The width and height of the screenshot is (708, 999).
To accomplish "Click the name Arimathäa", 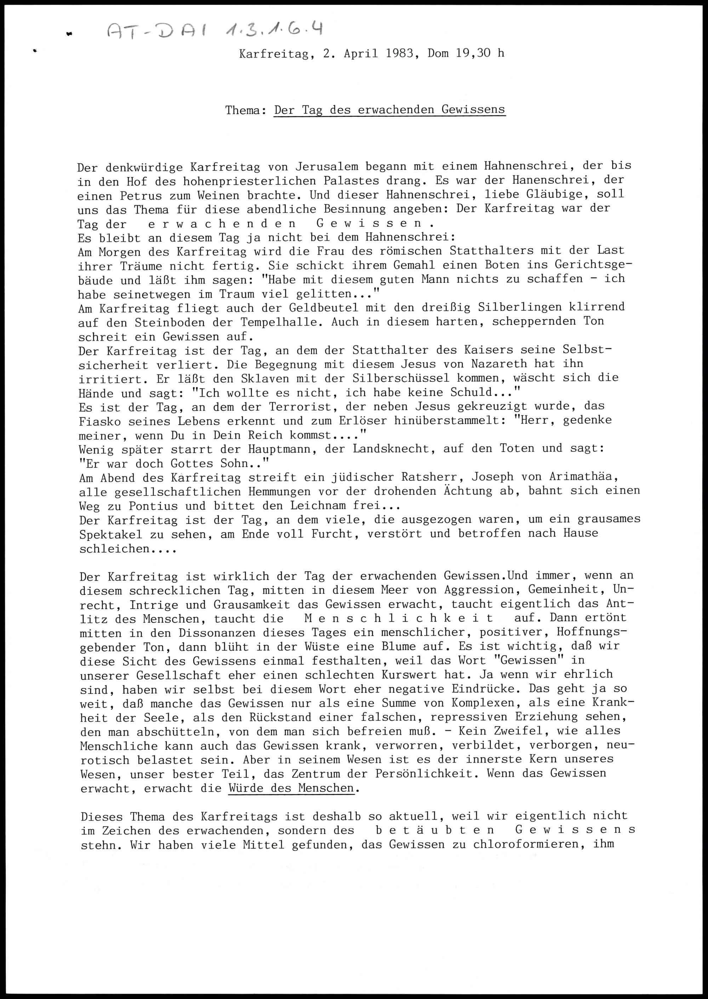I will tap(587, 477).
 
